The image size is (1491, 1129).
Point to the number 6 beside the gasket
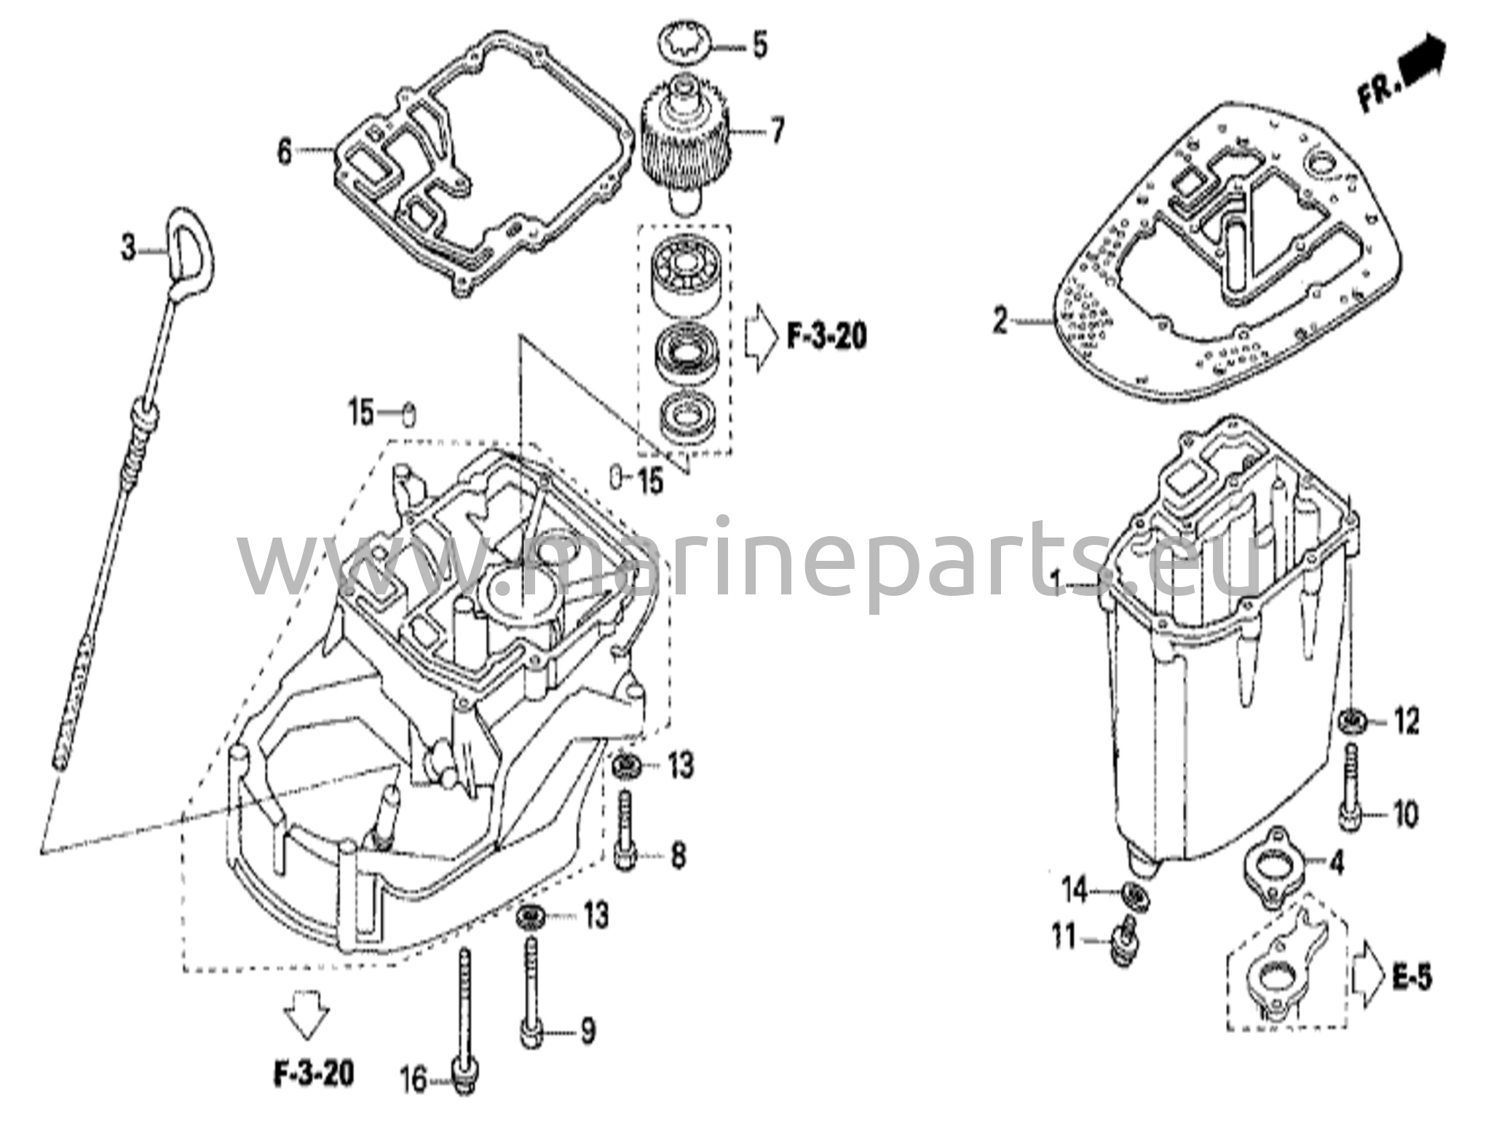284,152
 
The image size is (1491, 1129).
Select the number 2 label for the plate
1001,320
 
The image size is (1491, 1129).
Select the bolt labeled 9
530,991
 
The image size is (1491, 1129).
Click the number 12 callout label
1407,722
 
